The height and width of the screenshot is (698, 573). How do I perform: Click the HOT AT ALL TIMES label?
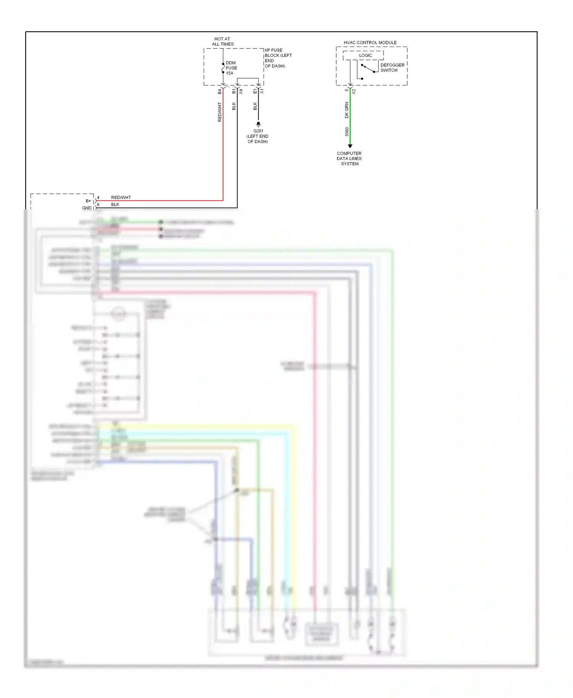(x=223, y=41)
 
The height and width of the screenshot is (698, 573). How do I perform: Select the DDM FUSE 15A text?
(x=231, y=68)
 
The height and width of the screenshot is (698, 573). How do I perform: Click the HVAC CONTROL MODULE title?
(x=370, y=42)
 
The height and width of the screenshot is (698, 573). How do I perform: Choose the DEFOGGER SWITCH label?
(x=392, y=68)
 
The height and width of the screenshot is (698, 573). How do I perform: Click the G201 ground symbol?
(x=258, y=124)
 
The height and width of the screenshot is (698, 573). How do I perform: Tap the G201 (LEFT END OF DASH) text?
(x=258, y=136)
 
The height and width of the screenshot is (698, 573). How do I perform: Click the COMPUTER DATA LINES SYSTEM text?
(x=349, y=158)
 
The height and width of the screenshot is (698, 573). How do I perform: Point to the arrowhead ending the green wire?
(x=350, y=146)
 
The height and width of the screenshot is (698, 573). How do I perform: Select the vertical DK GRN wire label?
(x=347, y=110)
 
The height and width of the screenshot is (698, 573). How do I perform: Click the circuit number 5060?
(x=347, y=132)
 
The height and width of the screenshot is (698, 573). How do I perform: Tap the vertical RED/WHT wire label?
(x=220, y=112)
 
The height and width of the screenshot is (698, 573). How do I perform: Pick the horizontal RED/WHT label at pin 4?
(x=121, y=197)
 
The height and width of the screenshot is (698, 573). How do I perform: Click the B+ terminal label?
(x=88, y=201)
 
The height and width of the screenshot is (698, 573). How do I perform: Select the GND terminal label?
(x=87, y=208)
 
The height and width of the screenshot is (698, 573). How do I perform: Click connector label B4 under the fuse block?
(x=220, y=92)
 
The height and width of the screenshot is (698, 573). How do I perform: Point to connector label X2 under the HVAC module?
(x=354, y=92)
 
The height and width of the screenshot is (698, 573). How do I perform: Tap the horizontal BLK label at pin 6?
(x=115, y=205)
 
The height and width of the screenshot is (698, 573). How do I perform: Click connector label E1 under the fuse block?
(x=255, y=91)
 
